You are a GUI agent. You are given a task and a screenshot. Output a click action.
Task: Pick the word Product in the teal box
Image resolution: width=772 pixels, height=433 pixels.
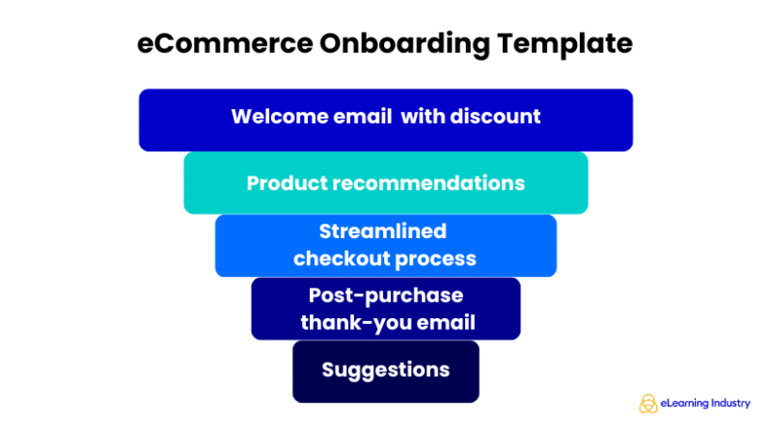coord(283,183)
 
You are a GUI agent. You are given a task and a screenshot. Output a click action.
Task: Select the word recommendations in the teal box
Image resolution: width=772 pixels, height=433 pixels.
coord(425,183)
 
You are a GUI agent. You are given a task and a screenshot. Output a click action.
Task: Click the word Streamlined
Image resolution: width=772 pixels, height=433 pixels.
coord(383,231)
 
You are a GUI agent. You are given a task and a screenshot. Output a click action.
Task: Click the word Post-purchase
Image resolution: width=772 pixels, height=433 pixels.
coord(386,295)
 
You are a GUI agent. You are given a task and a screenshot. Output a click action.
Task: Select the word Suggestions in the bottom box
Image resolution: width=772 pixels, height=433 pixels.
coord(386,369)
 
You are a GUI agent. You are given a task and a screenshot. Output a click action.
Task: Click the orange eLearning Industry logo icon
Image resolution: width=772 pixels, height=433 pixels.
coord(648,403)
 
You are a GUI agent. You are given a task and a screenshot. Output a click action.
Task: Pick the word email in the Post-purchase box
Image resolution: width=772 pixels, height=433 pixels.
coord(445,322)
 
